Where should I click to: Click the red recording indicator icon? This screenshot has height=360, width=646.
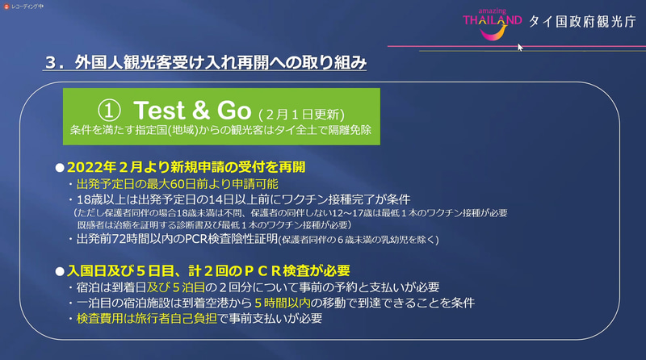6,5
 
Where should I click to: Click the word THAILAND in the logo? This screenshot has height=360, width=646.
493,22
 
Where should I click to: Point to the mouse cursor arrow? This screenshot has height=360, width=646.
520,47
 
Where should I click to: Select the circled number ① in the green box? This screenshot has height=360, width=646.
109,109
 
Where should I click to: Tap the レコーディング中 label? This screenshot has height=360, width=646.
30,5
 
